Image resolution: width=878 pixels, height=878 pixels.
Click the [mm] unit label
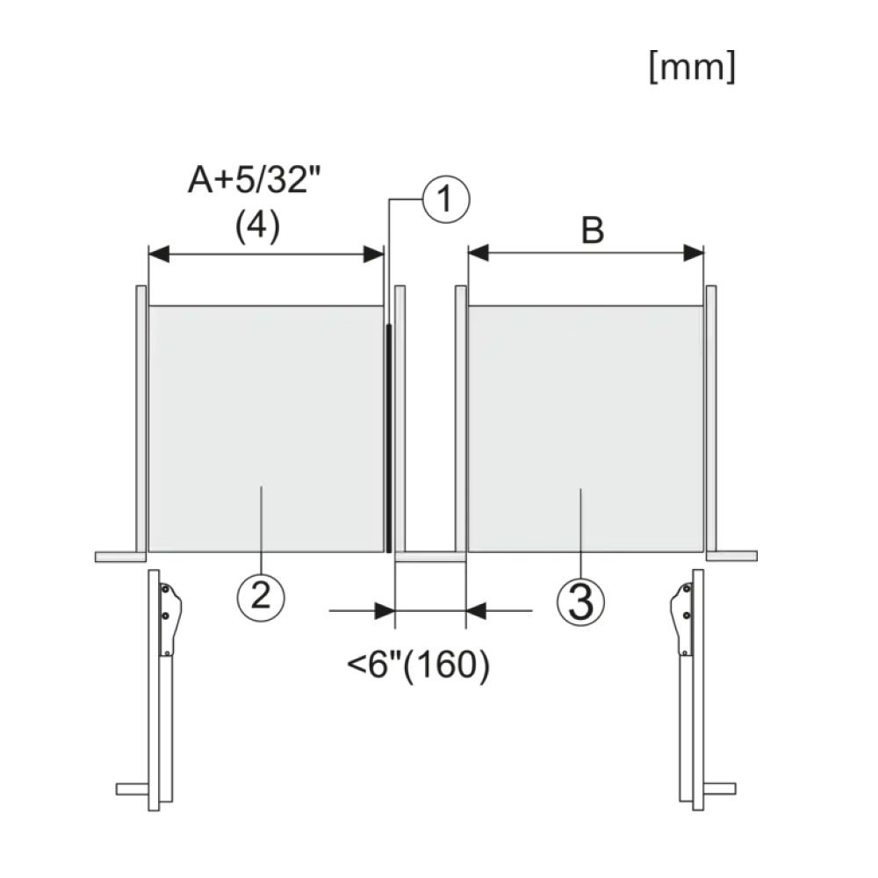[x=692, y=68]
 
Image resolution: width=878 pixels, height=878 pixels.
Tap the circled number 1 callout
[x=446, y=199]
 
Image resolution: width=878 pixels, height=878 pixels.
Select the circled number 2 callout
[x=261, y=597]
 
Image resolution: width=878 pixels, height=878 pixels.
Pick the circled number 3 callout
[x=580, y=601]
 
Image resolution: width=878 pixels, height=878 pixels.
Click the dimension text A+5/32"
[x=255, y=180]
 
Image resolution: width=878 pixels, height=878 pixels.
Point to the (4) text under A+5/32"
[x=257, y=227]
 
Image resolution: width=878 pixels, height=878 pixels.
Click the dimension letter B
[x=593, y=230]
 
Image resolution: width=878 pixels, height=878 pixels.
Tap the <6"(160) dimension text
[x=418, y=665]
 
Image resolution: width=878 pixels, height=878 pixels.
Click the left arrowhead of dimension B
[x=479, y=253]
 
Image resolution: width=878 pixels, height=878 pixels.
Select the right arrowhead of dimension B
[x=694, y=253]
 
